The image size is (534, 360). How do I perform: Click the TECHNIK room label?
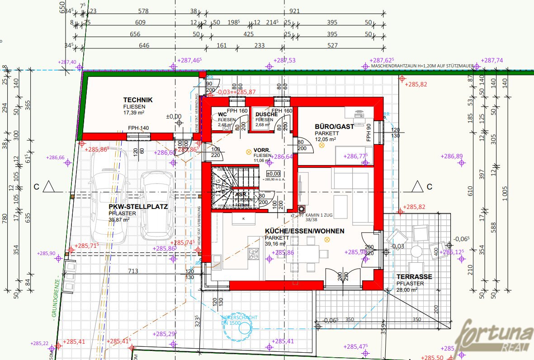[138, 100]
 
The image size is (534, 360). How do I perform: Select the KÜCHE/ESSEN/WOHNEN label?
[304, 231]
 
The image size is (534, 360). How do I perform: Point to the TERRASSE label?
[414, 277]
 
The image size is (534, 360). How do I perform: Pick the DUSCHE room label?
[266, 114]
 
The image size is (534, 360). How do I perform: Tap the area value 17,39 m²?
[133, 113]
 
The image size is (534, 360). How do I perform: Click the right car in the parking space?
[156, 206]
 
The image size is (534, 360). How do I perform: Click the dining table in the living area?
[307, 251]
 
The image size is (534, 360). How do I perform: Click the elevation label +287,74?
[491, 60]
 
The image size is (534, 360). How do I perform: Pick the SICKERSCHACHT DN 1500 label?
[239, 320]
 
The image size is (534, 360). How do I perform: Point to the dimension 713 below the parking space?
[133, 271]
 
